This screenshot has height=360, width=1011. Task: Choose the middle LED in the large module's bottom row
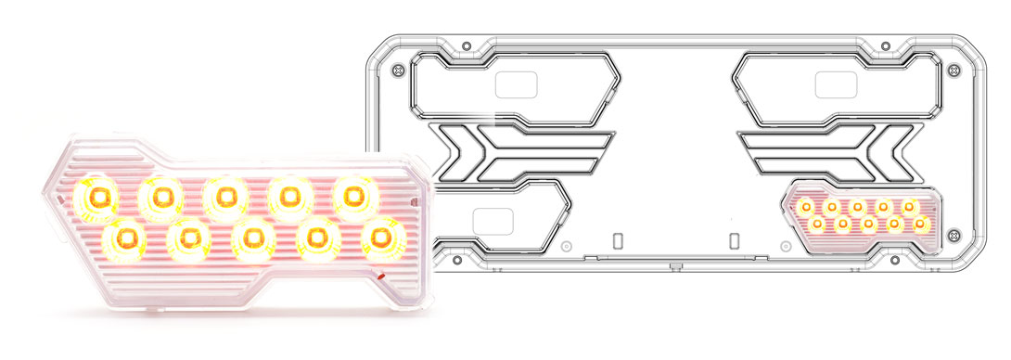(x=251, y=238)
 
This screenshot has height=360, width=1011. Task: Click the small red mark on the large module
(x=381, y=276)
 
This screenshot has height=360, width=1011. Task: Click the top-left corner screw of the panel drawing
(x=399, y=70)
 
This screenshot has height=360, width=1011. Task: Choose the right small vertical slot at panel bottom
(x=733, y=240)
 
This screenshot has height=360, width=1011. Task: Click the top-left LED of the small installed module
(x=806, y=206)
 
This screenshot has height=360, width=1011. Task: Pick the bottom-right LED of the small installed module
(x=920, y=224)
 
